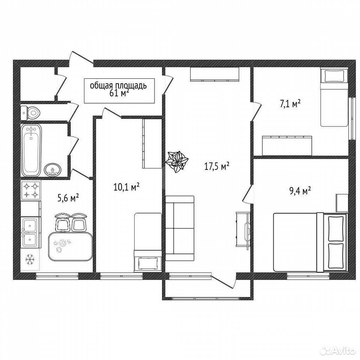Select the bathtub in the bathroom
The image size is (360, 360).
[31, 150]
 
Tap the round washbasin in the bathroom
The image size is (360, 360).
[52, 169]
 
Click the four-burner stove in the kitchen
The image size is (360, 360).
[31, 190]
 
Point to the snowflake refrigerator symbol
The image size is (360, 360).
[30, 259]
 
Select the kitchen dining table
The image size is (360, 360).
[70, 246]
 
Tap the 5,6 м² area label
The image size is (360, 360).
[68, 198]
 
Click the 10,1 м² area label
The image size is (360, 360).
[126, 187]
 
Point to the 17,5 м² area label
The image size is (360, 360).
[217, 166]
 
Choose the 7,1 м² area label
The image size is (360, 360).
[290, 103]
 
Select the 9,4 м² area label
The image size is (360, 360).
[300, 191]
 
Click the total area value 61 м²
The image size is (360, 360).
[119, 93]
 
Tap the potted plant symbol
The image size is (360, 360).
[177, 162]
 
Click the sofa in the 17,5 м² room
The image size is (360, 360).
[180, 228]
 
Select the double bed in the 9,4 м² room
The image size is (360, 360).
[310, 242]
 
